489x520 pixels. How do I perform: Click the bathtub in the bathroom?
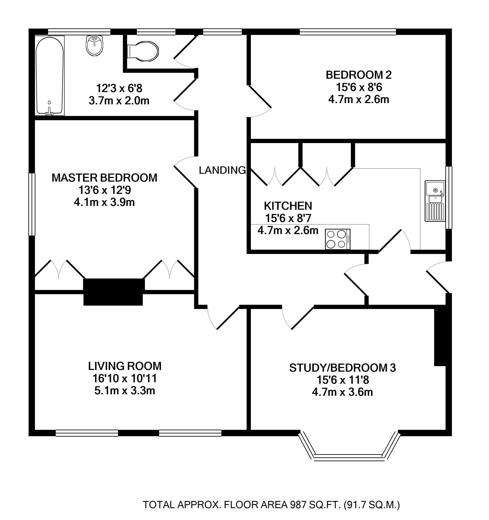pos(50,76)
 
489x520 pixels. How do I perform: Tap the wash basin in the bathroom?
pos(94,46)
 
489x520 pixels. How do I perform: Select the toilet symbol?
pos(143,51)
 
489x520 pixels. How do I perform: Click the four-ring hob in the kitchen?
pos(338,239)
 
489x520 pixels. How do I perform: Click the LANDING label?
pos(222,170)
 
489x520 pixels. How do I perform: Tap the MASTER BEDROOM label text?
pos(104,178)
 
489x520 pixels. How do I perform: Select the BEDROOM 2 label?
pos(358,75)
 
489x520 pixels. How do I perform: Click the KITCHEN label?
pos(288,206)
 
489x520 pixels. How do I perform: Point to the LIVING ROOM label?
pos(125,366)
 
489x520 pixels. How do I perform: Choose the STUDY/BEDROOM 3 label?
pos(342,368)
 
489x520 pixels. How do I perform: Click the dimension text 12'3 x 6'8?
pos(119,88)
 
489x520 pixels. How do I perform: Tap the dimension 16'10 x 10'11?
pos(125,378)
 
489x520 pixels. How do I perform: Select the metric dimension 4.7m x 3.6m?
pos(342,392)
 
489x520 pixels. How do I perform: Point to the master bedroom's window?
pos(32,204)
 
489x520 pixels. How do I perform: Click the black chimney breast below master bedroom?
pos(113,292)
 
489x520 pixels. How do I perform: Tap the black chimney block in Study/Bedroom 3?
pos(440,337)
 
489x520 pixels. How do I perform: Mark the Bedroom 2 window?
pos(348,32)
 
